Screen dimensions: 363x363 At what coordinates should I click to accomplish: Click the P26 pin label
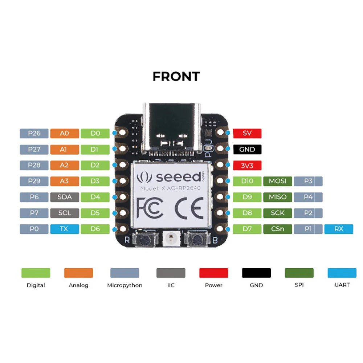click(34, 133)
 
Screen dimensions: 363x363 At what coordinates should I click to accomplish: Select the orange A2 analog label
click(65, 165)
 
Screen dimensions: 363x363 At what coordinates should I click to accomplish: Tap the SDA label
click(65, 197)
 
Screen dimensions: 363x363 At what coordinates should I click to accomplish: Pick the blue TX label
click(65, 229)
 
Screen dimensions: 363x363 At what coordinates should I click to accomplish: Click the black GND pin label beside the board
click(247, 149)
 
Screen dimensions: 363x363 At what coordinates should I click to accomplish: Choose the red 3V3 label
click(247, 166)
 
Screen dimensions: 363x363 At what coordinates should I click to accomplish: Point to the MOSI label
click(278, 181)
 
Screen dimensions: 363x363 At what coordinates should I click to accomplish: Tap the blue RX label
click(339, 229)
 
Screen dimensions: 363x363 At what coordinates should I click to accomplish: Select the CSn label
click(278, 229)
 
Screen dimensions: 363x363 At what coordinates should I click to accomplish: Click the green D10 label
click(247, 181)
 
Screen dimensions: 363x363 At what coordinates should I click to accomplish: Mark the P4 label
click(308, 197)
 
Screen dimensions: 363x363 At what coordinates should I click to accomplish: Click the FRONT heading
click(176, 76)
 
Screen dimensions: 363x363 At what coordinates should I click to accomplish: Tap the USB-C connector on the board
click(172, 129)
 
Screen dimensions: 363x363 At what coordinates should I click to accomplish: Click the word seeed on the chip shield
click(179, 177)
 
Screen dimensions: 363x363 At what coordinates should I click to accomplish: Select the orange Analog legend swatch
click(78, 273)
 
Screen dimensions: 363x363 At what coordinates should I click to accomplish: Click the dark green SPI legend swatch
click(299, 273)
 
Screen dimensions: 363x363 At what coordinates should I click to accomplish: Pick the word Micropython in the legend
click(125, 285)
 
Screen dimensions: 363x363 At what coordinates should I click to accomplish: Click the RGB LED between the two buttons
click(171, 238)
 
